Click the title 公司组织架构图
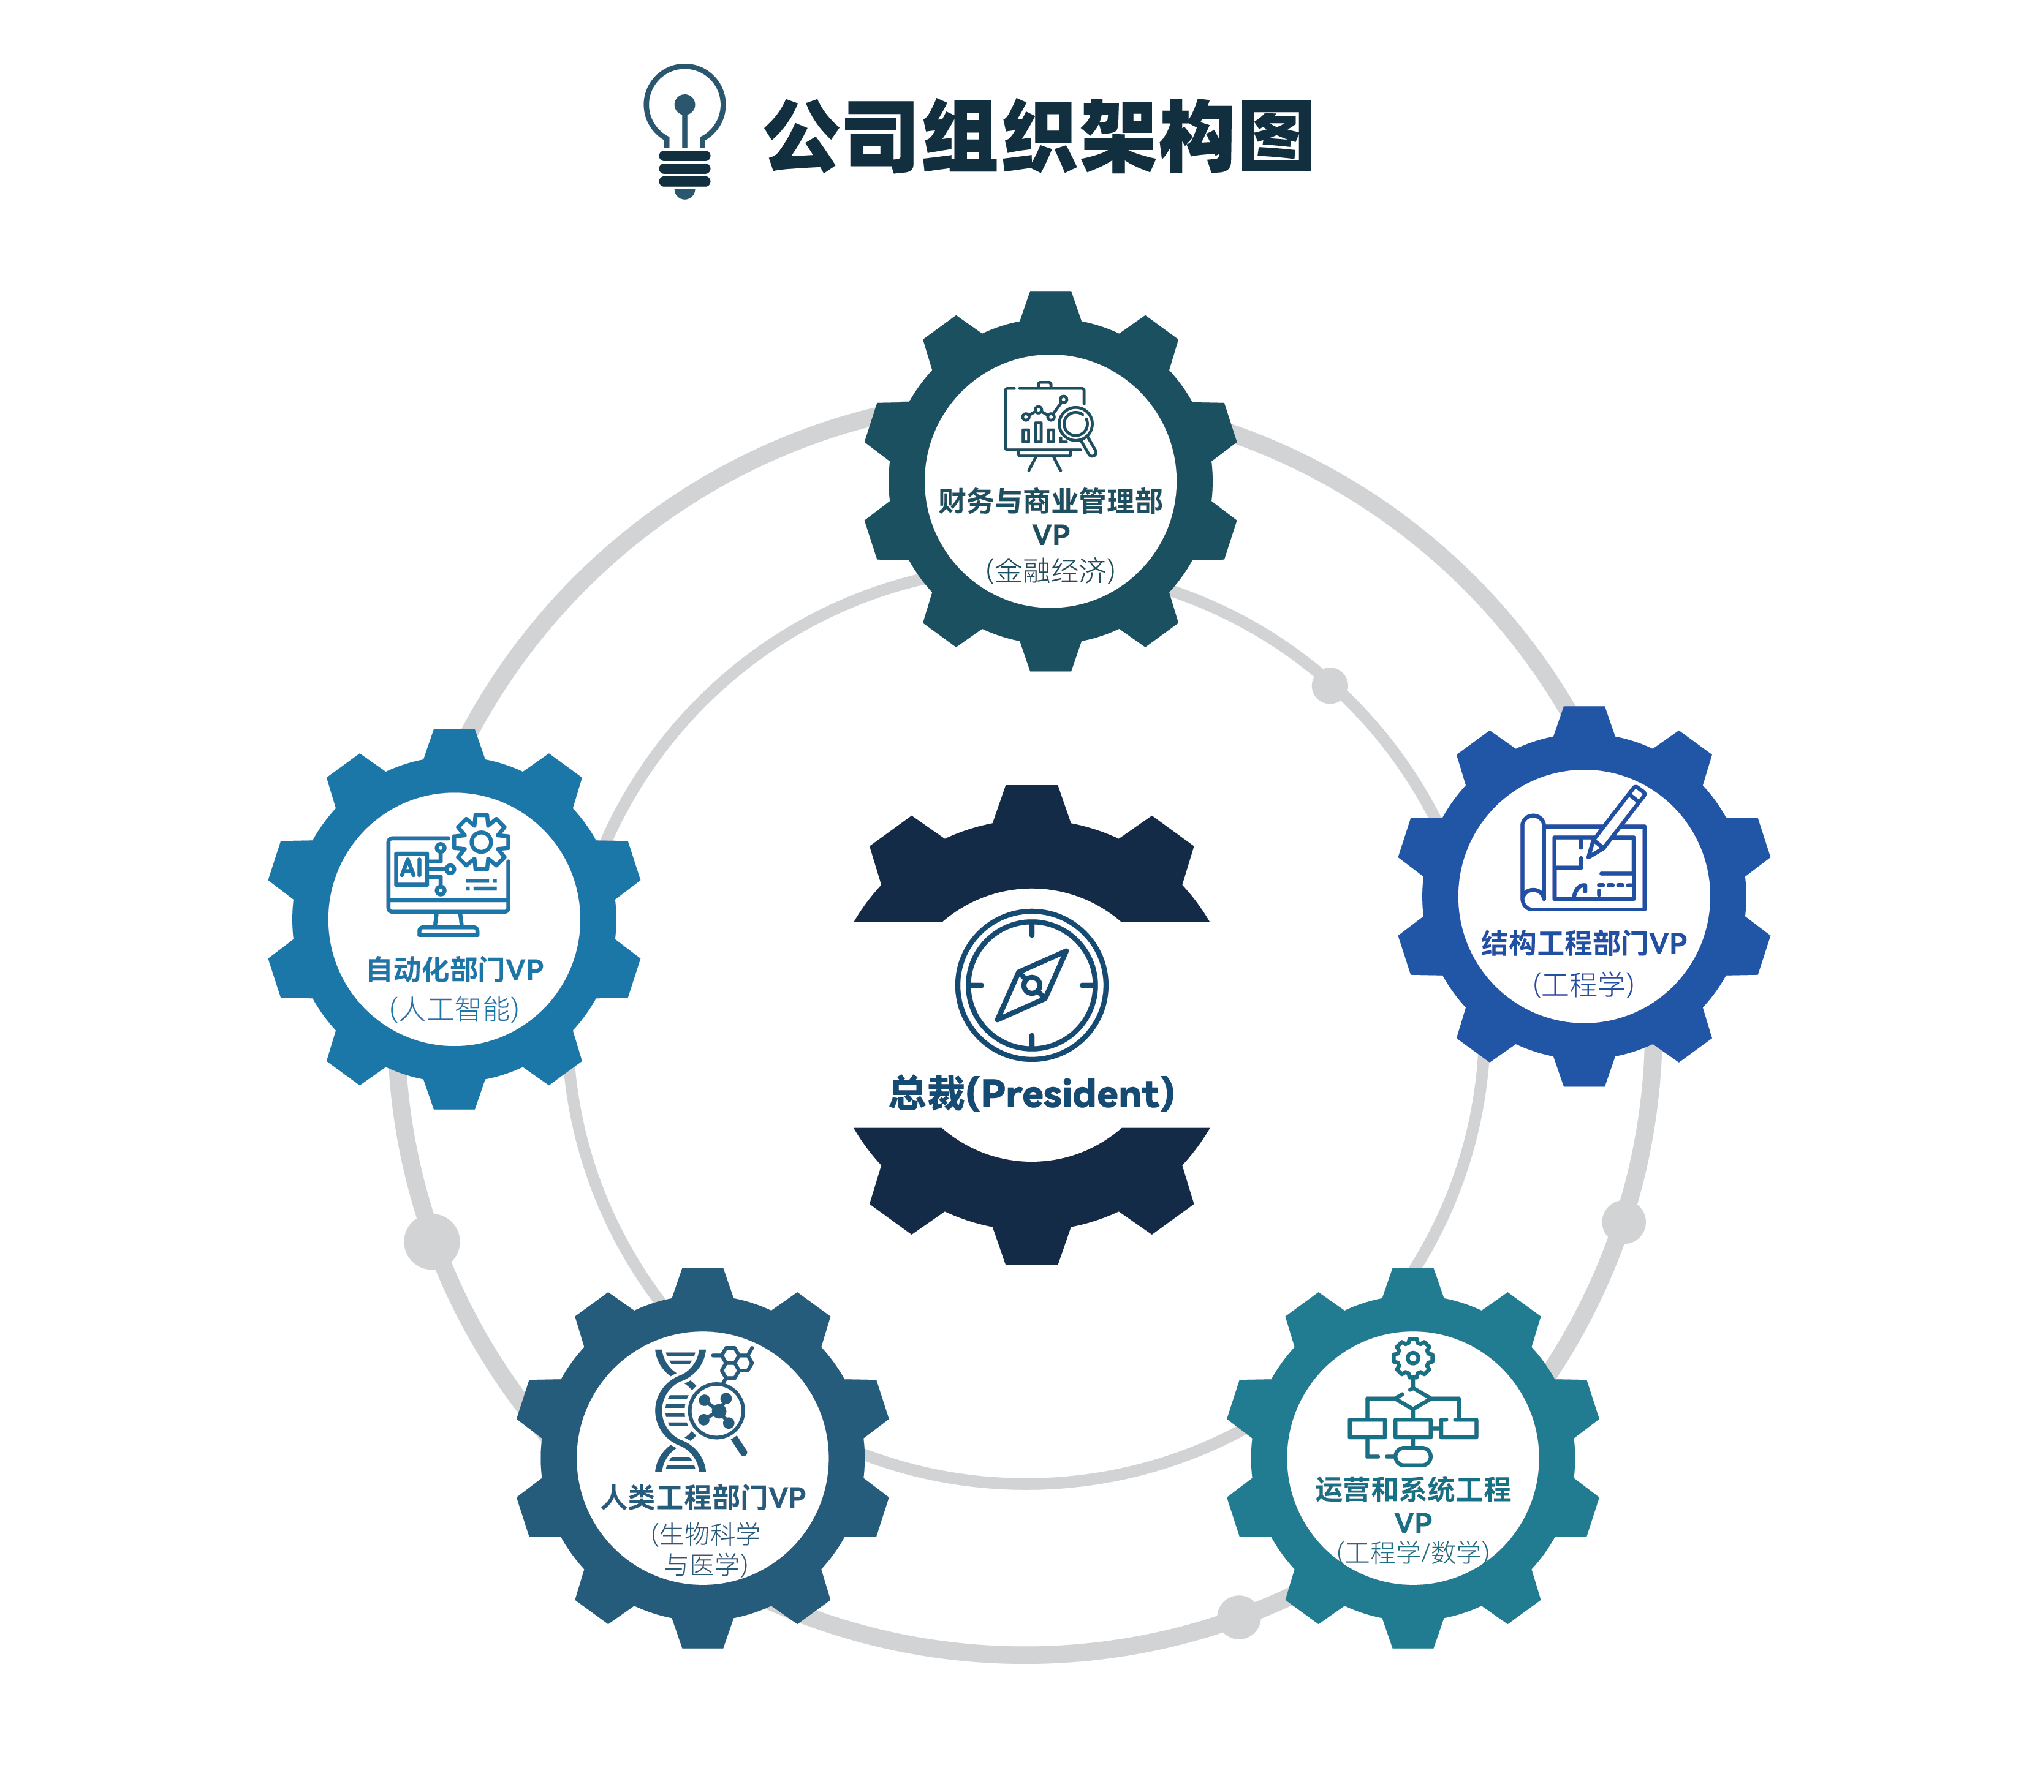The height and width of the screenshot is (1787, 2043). [1037, 137]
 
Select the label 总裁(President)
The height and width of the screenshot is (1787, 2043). [1031, 1094]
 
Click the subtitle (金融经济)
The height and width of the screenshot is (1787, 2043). [1050, 570]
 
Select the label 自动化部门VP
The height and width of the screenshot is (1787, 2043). [455, 969]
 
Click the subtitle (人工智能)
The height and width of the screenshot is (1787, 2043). [455, 1009]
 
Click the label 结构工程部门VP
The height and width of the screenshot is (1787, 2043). [1583, 943]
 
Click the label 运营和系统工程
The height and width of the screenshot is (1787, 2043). [1412, 1490]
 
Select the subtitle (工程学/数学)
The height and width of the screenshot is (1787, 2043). [1412, 1552]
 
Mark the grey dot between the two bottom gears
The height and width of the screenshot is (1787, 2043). [1239, 1617]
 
